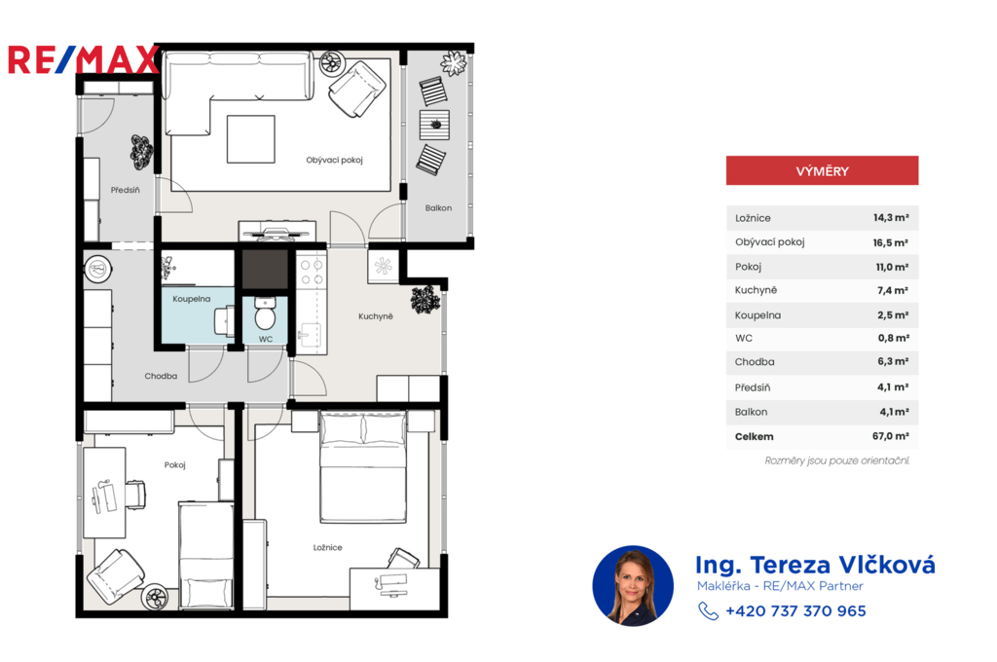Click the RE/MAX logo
click(x=84, y=59)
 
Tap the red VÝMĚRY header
click(x=822, y=170)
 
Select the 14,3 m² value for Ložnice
click(x=891, y=217)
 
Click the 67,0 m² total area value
click(x=890, y=436)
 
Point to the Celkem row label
click(x=755, y=436)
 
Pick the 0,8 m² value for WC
click(x=894, y=339)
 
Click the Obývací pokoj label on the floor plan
click(x=335, y=161)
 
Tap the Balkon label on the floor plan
click(x=439, y=208)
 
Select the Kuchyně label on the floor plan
click(x=376, y=316)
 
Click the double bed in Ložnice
click(x=363, y=467)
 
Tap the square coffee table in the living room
click(x=251, y=139)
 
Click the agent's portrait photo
click(x=633, y=586)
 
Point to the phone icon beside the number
click(x=708, y=611)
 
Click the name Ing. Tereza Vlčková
click(x=815, y=565)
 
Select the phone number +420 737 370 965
click(x=795, y=611)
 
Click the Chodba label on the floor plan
click(x=161, y=376)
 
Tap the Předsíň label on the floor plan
click(x=126, y=190)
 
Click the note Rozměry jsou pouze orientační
click(x=836, y=460)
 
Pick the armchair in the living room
click(x=356, y=89)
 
